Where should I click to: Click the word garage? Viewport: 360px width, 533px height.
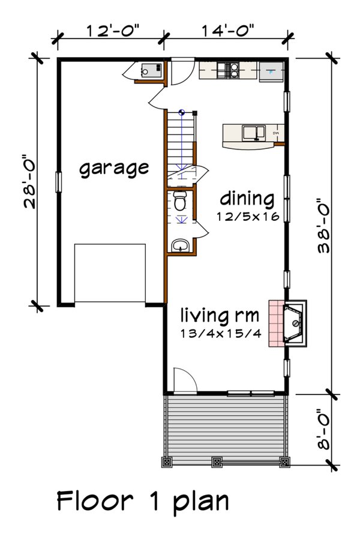114,167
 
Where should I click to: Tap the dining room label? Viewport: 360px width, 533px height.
246,199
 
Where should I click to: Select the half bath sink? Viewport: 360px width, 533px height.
179,245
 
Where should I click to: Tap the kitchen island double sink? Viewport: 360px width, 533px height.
253,131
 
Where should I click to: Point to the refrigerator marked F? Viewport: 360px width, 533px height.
271,71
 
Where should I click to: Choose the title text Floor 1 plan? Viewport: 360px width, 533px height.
143,501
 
